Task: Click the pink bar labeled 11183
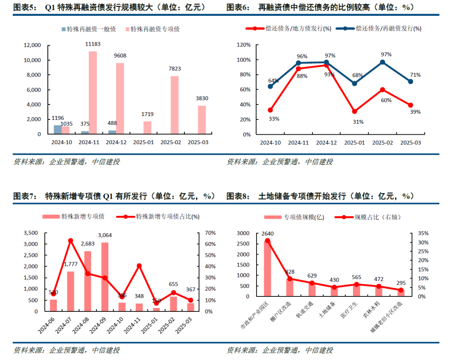(x=93, y=93)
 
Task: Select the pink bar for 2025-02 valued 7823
(x=174, y=105)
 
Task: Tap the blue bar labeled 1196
(x=58, y=129)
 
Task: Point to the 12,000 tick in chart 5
(x=32, y=45)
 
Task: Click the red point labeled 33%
(x=270, y=110)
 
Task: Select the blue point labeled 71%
(x=411, y=81)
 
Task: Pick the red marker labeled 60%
(x=382, y=90)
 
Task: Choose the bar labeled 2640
(x=267, y=268)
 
